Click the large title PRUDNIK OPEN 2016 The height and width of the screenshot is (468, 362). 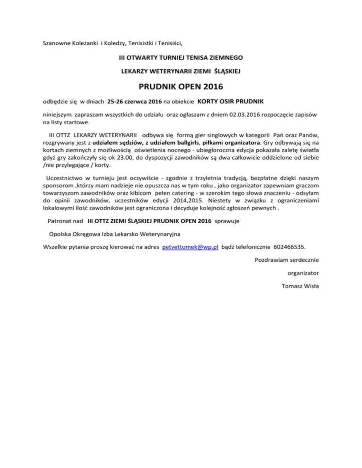point(181,87)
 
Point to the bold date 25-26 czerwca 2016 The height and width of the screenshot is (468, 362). point(135,102)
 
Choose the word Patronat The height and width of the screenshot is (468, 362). point(62,220)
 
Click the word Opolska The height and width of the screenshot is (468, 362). point(63,234)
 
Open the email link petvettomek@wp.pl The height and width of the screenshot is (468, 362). point(189,246)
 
